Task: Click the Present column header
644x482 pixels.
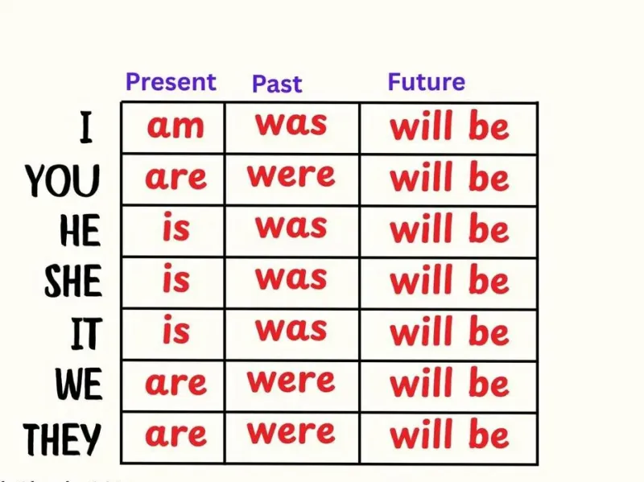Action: [x=171, y=82]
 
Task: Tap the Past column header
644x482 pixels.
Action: [x=277, y=84]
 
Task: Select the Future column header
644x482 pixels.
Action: [x=427, y=82]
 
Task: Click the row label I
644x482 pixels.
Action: [x=86, y=128]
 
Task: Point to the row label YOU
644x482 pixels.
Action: [x=63, y=180]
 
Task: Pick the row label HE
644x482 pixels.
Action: [x=80, y=230]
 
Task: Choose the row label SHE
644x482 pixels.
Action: [x=73, y=281]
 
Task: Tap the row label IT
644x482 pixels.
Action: [x=86, y=333]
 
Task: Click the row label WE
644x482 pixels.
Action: [x=79, y=384]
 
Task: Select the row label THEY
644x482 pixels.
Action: [x=62, y=439]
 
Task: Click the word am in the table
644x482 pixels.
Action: [x=175, y=126]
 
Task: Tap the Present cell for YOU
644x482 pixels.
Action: [x=175, y=178]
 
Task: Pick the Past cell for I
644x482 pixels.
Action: [x=291, y=124]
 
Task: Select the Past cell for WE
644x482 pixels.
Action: [x=291, y=381]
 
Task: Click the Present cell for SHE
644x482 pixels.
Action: [x=176, y=278]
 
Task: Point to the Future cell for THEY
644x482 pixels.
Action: [x=449, y=434]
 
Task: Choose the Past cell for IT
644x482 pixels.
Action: [x=291, y=329]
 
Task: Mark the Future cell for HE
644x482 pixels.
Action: [x=449, y=229]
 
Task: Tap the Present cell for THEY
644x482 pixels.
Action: [x=175, y=435]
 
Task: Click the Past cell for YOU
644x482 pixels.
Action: [x=291, y=175]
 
